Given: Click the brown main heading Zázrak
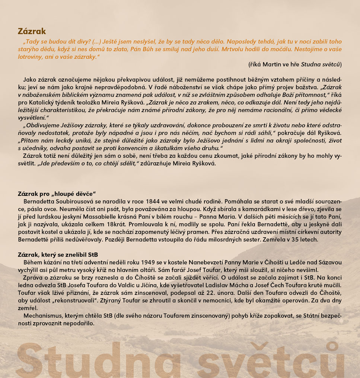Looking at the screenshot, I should [32, 31].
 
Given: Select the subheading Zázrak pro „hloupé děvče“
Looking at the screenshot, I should [57, 194].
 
